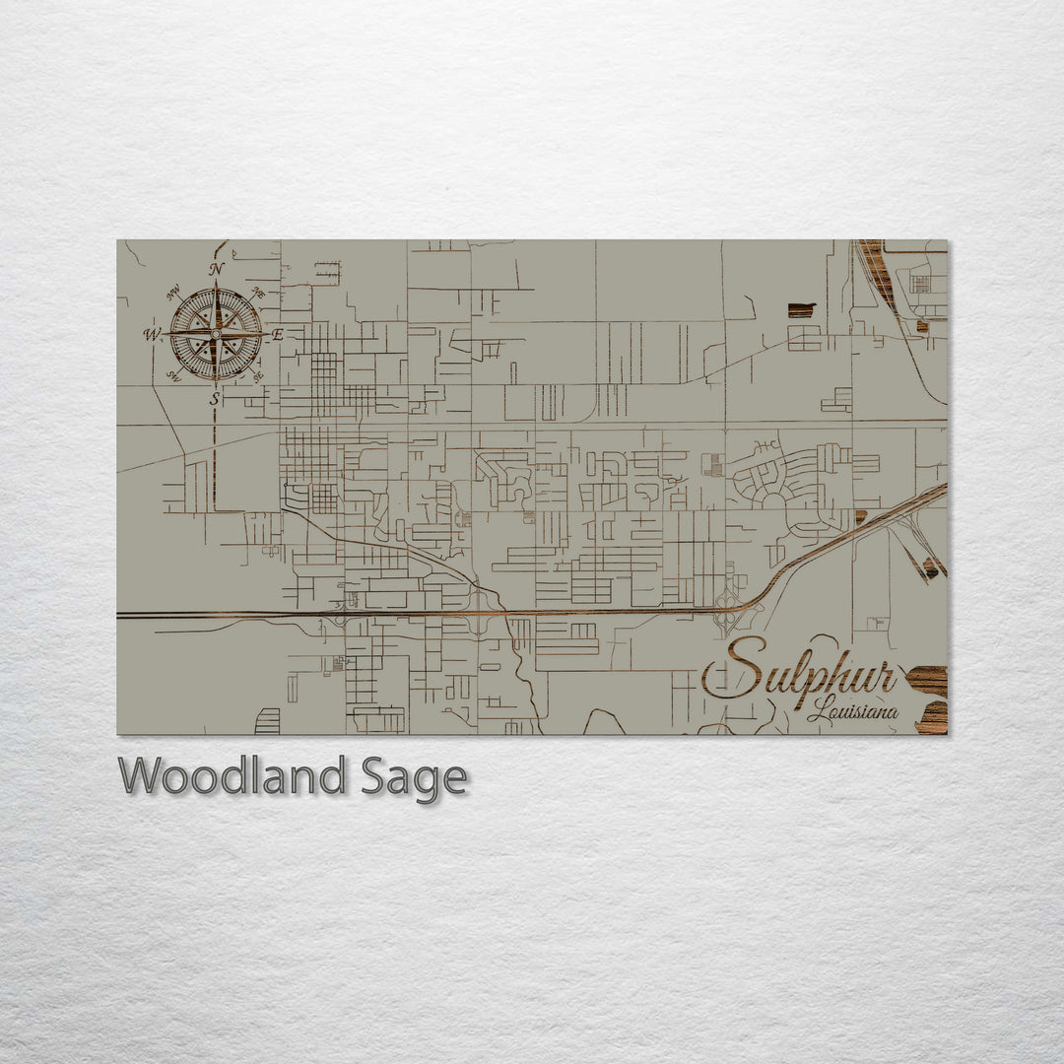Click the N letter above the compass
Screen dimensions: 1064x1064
216,269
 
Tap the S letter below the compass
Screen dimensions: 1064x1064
215,399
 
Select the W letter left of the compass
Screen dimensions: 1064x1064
152,335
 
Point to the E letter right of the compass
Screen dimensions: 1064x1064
277,335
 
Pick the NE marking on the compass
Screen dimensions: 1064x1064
258,292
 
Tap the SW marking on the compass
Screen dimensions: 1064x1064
173,376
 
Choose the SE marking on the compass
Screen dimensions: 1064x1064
258,376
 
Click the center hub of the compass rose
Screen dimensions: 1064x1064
216,334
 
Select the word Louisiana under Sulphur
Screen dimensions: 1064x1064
852,710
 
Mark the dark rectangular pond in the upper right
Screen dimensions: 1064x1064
801,309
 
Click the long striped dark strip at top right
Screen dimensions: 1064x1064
877,271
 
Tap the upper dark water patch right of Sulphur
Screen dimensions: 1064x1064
927,680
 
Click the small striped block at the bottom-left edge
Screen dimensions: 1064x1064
267,721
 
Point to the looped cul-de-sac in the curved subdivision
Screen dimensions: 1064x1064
773,500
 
